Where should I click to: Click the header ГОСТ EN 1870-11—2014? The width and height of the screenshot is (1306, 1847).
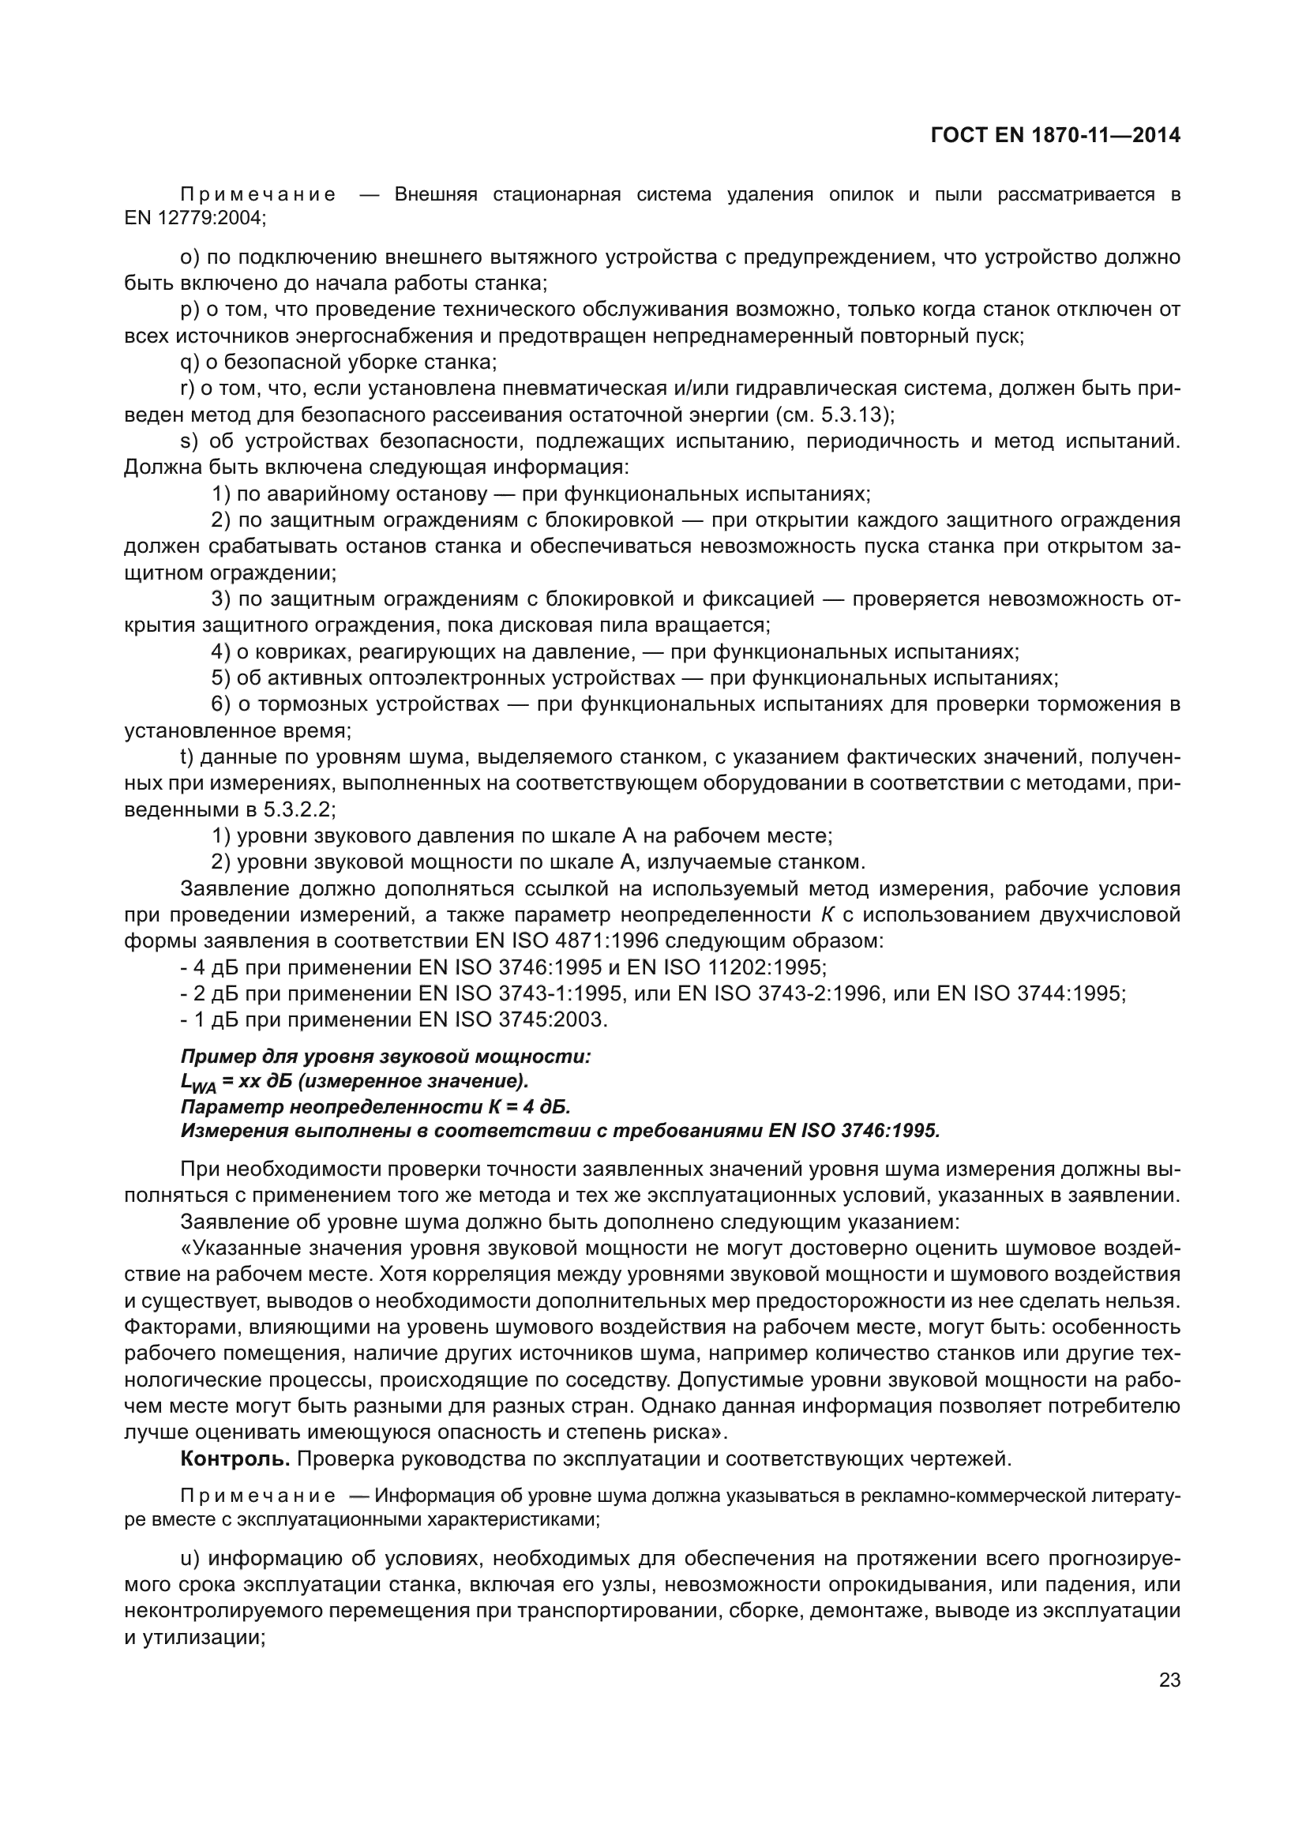pyautogui.click(x=1055, y=135)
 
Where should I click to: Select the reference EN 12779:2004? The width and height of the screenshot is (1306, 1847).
pyautogui.click(x=194, y=218)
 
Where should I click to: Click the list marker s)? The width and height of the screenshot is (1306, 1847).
pyautogui.click(x=190, y=441)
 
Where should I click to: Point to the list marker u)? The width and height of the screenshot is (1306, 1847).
pyautogui.click(x=190, y=1559)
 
